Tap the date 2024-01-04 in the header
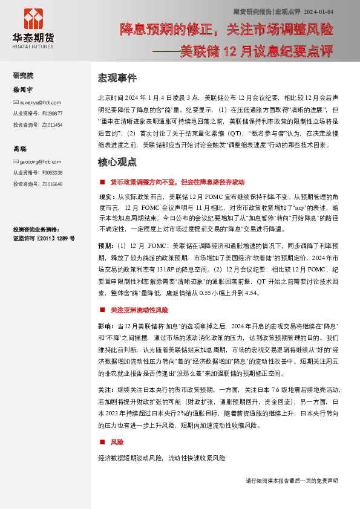click(319, 12)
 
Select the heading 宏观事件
click(117, 79)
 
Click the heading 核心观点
click(117, 163)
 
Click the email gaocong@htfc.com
click(38, 163)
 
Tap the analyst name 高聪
click(19, 149)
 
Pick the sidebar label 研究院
click(23, 76)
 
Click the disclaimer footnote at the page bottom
click(292, 481)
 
